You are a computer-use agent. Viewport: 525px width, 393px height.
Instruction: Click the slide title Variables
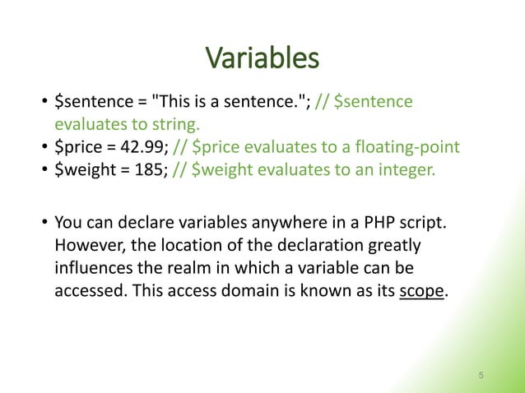tap(262, 58)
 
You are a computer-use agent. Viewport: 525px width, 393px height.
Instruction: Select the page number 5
tap(481, 375)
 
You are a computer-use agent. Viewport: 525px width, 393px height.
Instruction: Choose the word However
tap(87, 247)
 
